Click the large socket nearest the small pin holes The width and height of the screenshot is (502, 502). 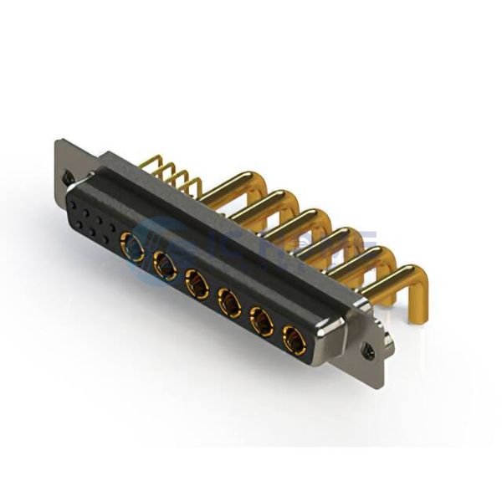point(133,246)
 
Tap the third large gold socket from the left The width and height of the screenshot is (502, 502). point(197,284)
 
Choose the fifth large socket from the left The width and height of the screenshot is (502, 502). point(261,321)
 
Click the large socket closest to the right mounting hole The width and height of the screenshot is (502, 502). point(294,340)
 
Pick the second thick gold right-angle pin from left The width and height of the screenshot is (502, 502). point(269,205)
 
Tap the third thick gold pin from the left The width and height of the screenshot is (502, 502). point(301,222)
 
